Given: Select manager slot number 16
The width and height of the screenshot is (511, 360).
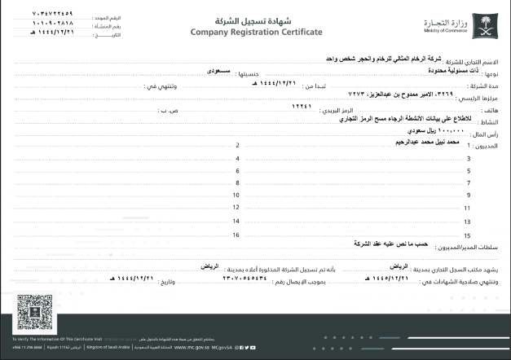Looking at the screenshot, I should (236, 235).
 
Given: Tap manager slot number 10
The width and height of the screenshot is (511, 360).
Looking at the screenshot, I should (236, 195).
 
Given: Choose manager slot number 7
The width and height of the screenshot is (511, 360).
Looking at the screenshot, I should (469, 183).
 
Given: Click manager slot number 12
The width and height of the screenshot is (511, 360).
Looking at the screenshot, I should (236, 209).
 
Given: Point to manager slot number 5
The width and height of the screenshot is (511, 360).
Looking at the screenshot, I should (469, 170).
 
